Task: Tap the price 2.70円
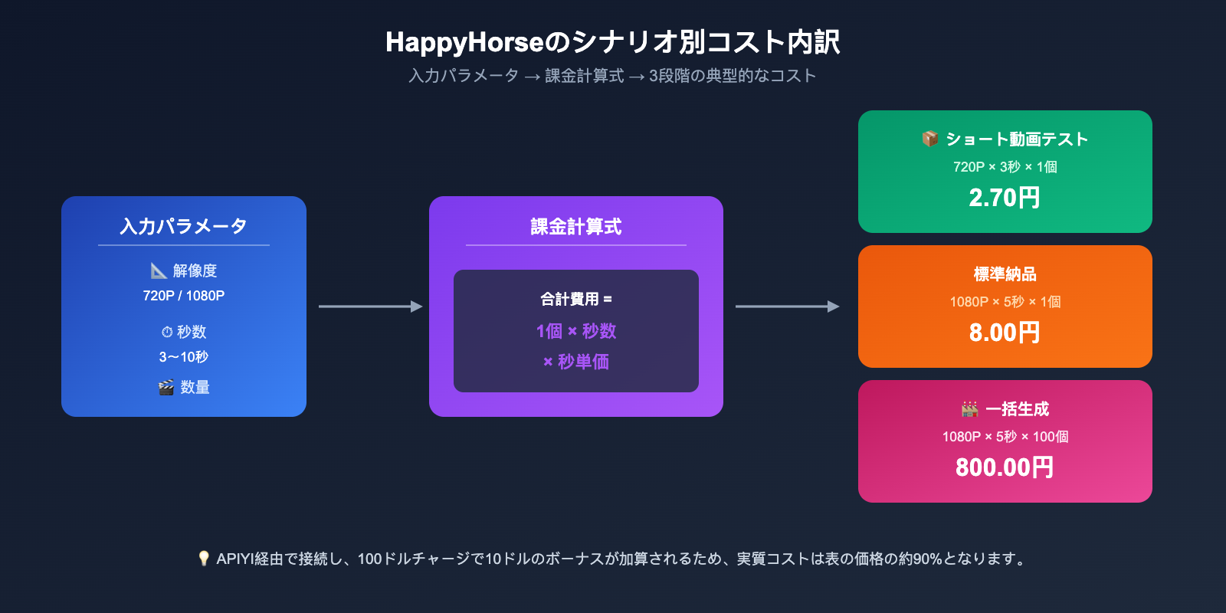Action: tap(1005, 198)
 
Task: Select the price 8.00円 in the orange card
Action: tap(1005, 333)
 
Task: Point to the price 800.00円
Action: tap(1005, 467)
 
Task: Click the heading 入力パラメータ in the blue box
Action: tap(184, 226)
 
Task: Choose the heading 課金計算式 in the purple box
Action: tap(576, 227)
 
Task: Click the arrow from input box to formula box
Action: tap(370, 306)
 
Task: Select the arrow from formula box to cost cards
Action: tap(787, 306)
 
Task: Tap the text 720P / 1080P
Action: tap(184, 296)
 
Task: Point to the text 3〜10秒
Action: tap(184, 357)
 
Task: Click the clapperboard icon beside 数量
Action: tap(166, 388)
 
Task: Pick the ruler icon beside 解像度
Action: tap(159, 270)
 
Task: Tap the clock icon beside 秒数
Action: tap(167, 333)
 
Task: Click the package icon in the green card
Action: tap(930, 139)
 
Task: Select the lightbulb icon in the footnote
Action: tap(204, 559)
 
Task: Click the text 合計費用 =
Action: tap(576, 299)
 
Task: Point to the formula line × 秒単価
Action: tap(576, 362)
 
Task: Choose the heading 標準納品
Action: tap(1005, 274)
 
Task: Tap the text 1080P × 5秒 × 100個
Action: tap(1005, 437)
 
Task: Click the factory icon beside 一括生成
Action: tap(970, 409)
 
